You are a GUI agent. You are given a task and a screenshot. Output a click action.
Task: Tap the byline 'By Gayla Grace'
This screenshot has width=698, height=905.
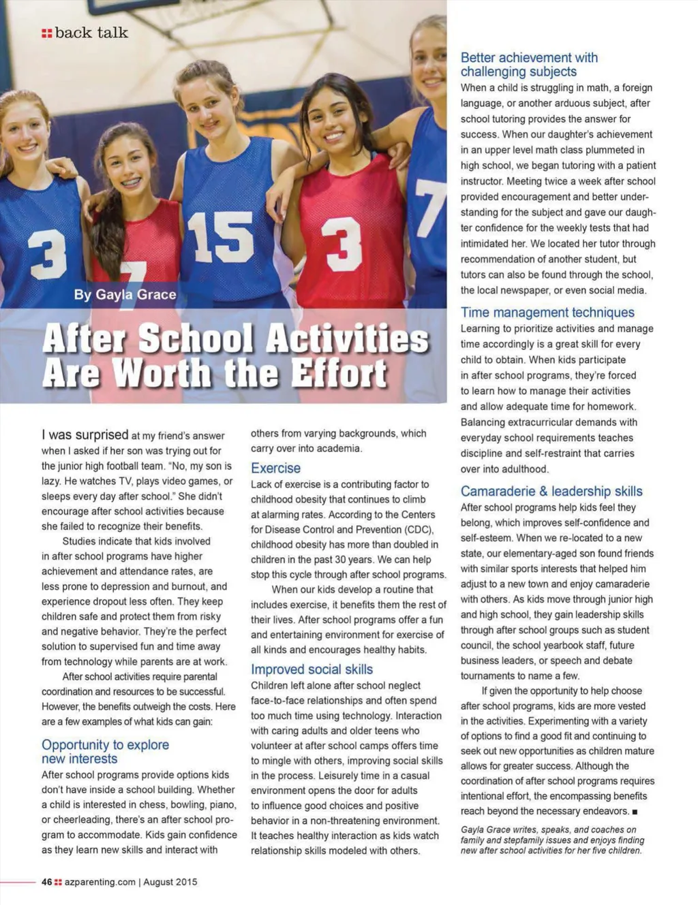tap(125, 295)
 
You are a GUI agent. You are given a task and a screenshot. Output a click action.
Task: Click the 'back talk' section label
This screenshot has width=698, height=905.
tap(91, 33)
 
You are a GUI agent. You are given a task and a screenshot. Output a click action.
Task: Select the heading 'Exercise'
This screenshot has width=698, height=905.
tap(275, 468)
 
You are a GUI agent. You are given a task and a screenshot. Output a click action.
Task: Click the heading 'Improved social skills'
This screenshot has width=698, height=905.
tap(312, 669)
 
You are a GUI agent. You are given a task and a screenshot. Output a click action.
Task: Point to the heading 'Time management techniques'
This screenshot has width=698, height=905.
tap(547, 313)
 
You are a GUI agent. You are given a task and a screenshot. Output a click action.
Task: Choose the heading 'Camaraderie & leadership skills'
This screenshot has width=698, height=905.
tap(551, 491)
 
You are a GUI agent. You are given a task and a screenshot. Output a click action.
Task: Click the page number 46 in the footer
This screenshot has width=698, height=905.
tap(46, 882)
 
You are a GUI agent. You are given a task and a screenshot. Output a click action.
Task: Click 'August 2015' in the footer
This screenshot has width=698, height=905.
tap(170, 882)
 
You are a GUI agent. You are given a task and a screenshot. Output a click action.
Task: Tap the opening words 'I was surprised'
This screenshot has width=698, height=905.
tap(85, 434)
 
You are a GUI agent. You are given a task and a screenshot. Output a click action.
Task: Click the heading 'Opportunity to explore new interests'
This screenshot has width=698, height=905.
tap(105, 752)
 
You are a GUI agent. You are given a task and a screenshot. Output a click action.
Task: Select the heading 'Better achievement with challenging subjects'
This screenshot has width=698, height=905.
tap(529, 65)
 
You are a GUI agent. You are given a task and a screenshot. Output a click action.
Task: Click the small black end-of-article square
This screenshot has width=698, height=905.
tap(635, 812)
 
